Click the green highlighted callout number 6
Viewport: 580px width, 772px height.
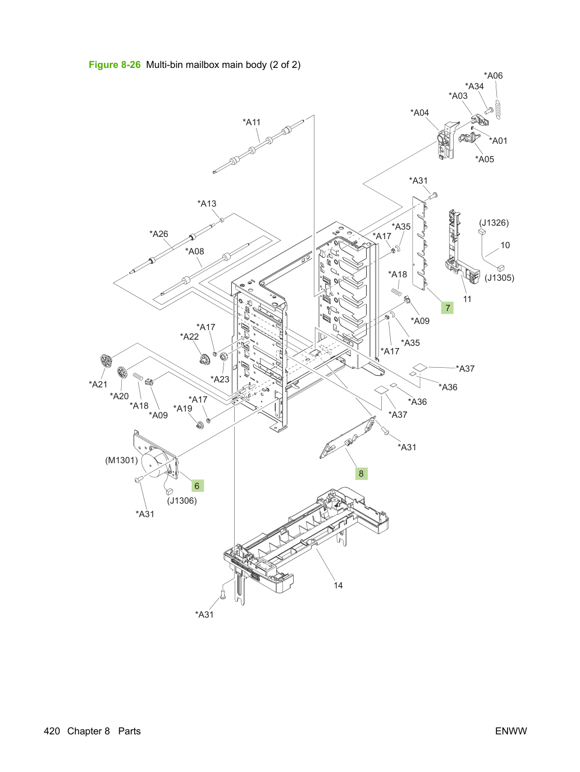pyautogui.click(x=197, y=486)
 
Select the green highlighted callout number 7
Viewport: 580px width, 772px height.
pyautogui.click(x=447, y=308)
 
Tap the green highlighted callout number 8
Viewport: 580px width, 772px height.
pyautogui.click(x=361, y=473)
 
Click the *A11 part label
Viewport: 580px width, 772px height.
pyautogui.click(x=252, y=122)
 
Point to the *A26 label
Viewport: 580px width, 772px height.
pyautogui.click(x=159, y=234)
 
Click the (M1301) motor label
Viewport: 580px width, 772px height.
pyautogui.click(x=121, y=460)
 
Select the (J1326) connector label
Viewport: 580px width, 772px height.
pyautogui.click(x=494, y=223)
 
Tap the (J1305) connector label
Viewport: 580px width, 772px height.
pyautogui.click(x=499, y=277)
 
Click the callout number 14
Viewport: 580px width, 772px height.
pyautogui.click(x=338, y=585)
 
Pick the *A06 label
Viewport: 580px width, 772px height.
pyautogui.click(x=493, y=76)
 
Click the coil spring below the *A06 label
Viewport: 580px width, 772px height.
pyautogui.click(x=497, y=109)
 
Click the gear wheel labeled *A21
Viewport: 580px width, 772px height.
pyautogui.click(x=106, y=360)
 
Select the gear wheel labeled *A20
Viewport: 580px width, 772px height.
pyautogui.click(x=122, y=372)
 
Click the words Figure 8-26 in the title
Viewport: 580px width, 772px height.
pyautogui.click(x=115, y=65)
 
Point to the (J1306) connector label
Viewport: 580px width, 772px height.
pyautogui.click(x=182, y=500)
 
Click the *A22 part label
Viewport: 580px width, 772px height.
pyautogui.click(x=189, y=336)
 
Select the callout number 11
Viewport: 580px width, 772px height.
pyautogui.click(x=467, y=299)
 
